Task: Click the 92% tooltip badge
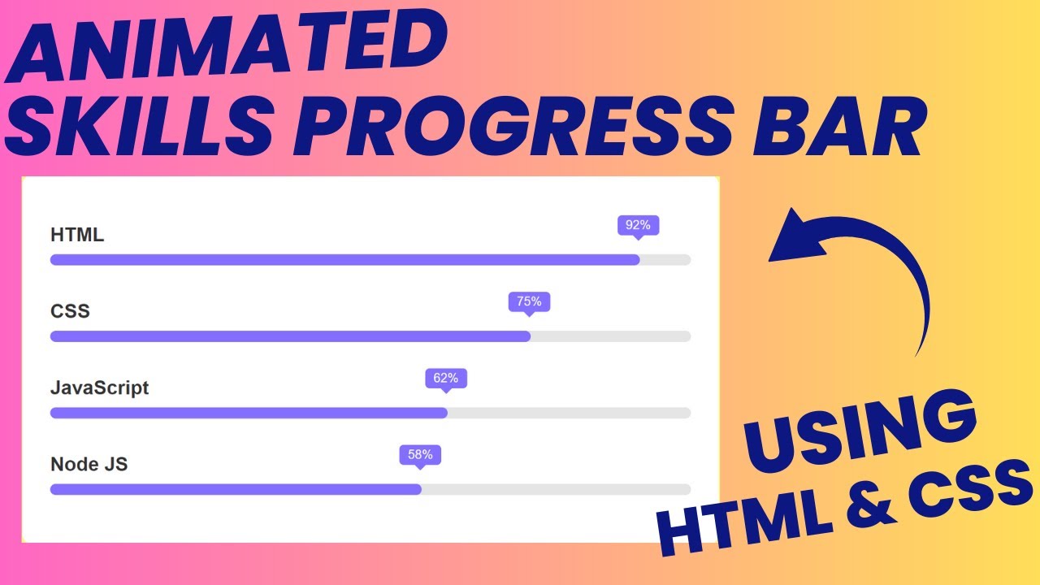[638, 225]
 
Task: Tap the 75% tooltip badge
[529, 301]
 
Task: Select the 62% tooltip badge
[446, 378]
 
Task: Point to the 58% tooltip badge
[419, 454]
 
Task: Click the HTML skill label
[77, 236]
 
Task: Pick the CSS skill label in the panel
[70, 311]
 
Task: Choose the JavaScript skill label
[99, 388]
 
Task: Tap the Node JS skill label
[89, 465]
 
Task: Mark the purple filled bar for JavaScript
[249, 413]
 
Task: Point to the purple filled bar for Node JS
[236, 489]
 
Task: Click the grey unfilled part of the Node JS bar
[556, 489]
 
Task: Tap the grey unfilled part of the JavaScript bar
[569, 413]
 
